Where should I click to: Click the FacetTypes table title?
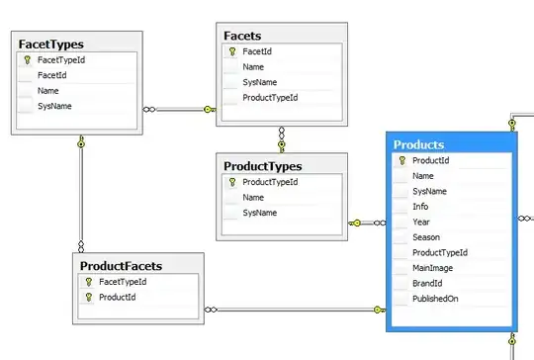point(51,45)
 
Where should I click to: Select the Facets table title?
point(242,36)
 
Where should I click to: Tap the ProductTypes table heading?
point(263,166)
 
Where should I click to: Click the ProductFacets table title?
point(121,266)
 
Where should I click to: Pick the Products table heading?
point(419,144)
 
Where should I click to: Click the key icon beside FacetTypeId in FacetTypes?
point(28,60)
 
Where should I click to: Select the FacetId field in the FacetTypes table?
point(52,75)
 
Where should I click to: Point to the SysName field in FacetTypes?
point(54,106)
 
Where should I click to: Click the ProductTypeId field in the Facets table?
point(270,98)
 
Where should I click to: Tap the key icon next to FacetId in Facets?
point(232,51)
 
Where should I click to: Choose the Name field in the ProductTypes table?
point(253,198)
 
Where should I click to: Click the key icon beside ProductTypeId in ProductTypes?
point(232,182)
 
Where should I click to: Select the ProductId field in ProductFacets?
point(117,298)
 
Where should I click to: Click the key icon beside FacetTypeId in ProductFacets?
point(89,282)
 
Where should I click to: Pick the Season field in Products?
point(426,237)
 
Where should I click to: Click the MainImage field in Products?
point(432,268)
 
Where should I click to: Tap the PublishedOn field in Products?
point(435,299)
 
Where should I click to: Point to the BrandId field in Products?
point(427,284)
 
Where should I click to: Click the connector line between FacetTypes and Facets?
point(179,110)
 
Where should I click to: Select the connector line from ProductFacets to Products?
point(295,310)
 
